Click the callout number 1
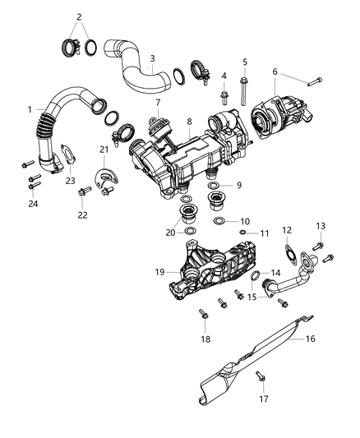(30, 109)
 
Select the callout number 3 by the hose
(152, 58)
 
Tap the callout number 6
(275, 71)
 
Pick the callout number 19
(159, 270)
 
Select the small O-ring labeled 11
(243, 233)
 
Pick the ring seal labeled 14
(256, 275)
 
